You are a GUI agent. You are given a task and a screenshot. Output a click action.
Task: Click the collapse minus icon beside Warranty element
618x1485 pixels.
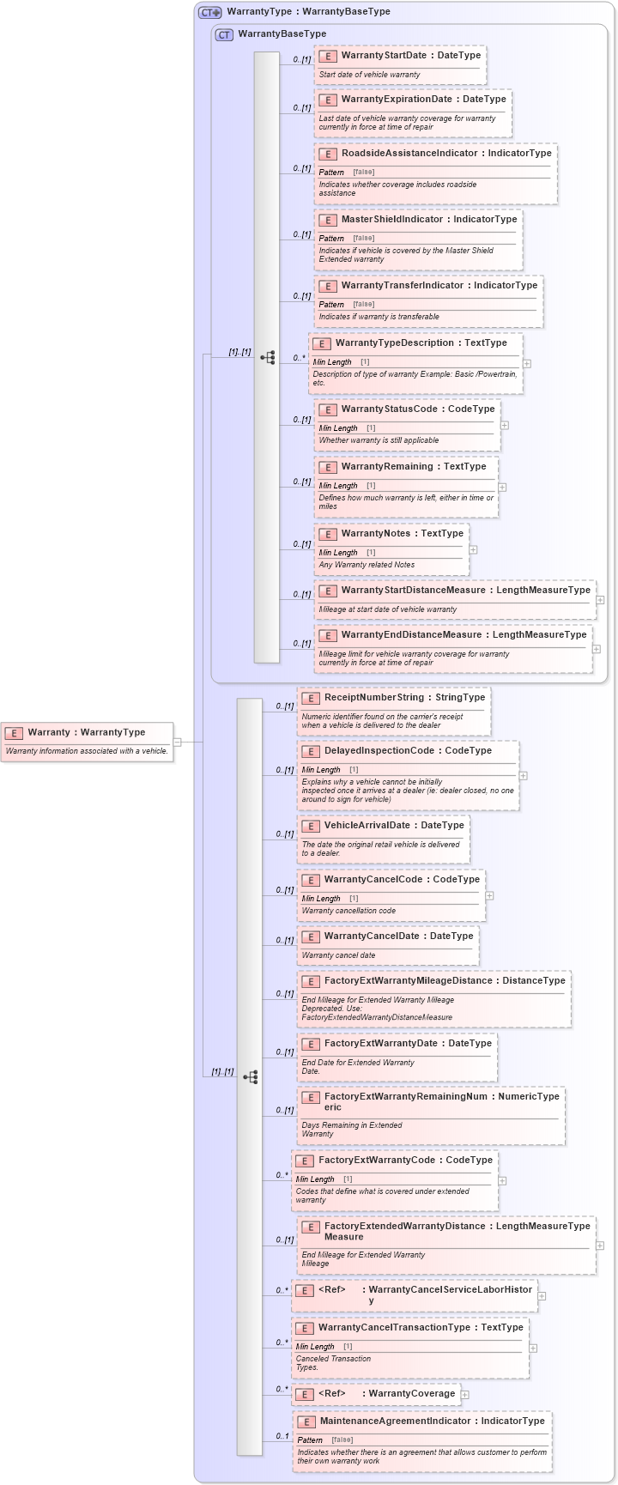[x=178, y=742]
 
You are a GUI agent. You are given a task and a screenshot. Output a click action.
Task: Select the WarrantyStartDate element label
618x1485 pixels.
[x=383, y=56]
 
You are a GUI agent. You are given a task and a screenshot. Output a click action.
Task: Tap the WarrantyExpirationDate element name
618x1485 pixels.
[x=396, y=100]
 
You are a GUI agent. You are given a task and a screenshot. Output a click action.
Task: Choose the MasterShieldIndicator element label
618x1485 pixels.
[x=391, y=220]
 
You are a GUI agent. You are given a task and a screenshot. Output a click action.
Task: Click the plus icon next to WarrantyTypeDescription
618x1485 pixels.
[x=527, y=363]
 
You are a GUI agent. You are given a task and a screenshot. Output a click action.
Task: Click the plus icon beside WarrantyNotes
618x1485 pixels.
[x=473, y=549]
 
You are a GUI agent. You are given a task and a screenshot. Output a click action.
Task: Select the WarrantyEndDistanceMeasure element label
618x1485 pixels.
[x=416, y=635]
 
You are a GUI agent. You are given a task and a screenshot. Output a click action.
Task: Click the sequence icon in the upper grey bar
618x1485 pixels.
[x=267, y=357]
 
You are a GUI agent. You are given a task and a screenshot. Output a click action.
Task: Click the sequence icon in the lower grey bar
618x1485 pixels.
[x=250, y=1076]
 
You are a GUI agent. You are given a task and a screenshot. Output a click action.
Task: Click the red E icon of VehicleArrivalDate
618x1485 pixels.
[x=311, y=827]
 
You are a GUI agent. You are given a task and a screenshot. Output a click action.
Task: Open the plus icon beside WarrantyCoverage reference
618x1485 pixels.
[x=465, y=1395]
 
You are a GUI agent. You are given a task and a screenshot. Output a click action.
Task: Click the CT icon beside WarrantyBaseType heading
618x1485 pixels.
[x=224, y=34]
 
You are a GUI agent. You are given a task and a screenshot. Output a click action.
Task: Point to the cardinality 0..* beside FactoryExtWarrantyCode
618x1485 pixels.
[x=282, y=1175]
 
